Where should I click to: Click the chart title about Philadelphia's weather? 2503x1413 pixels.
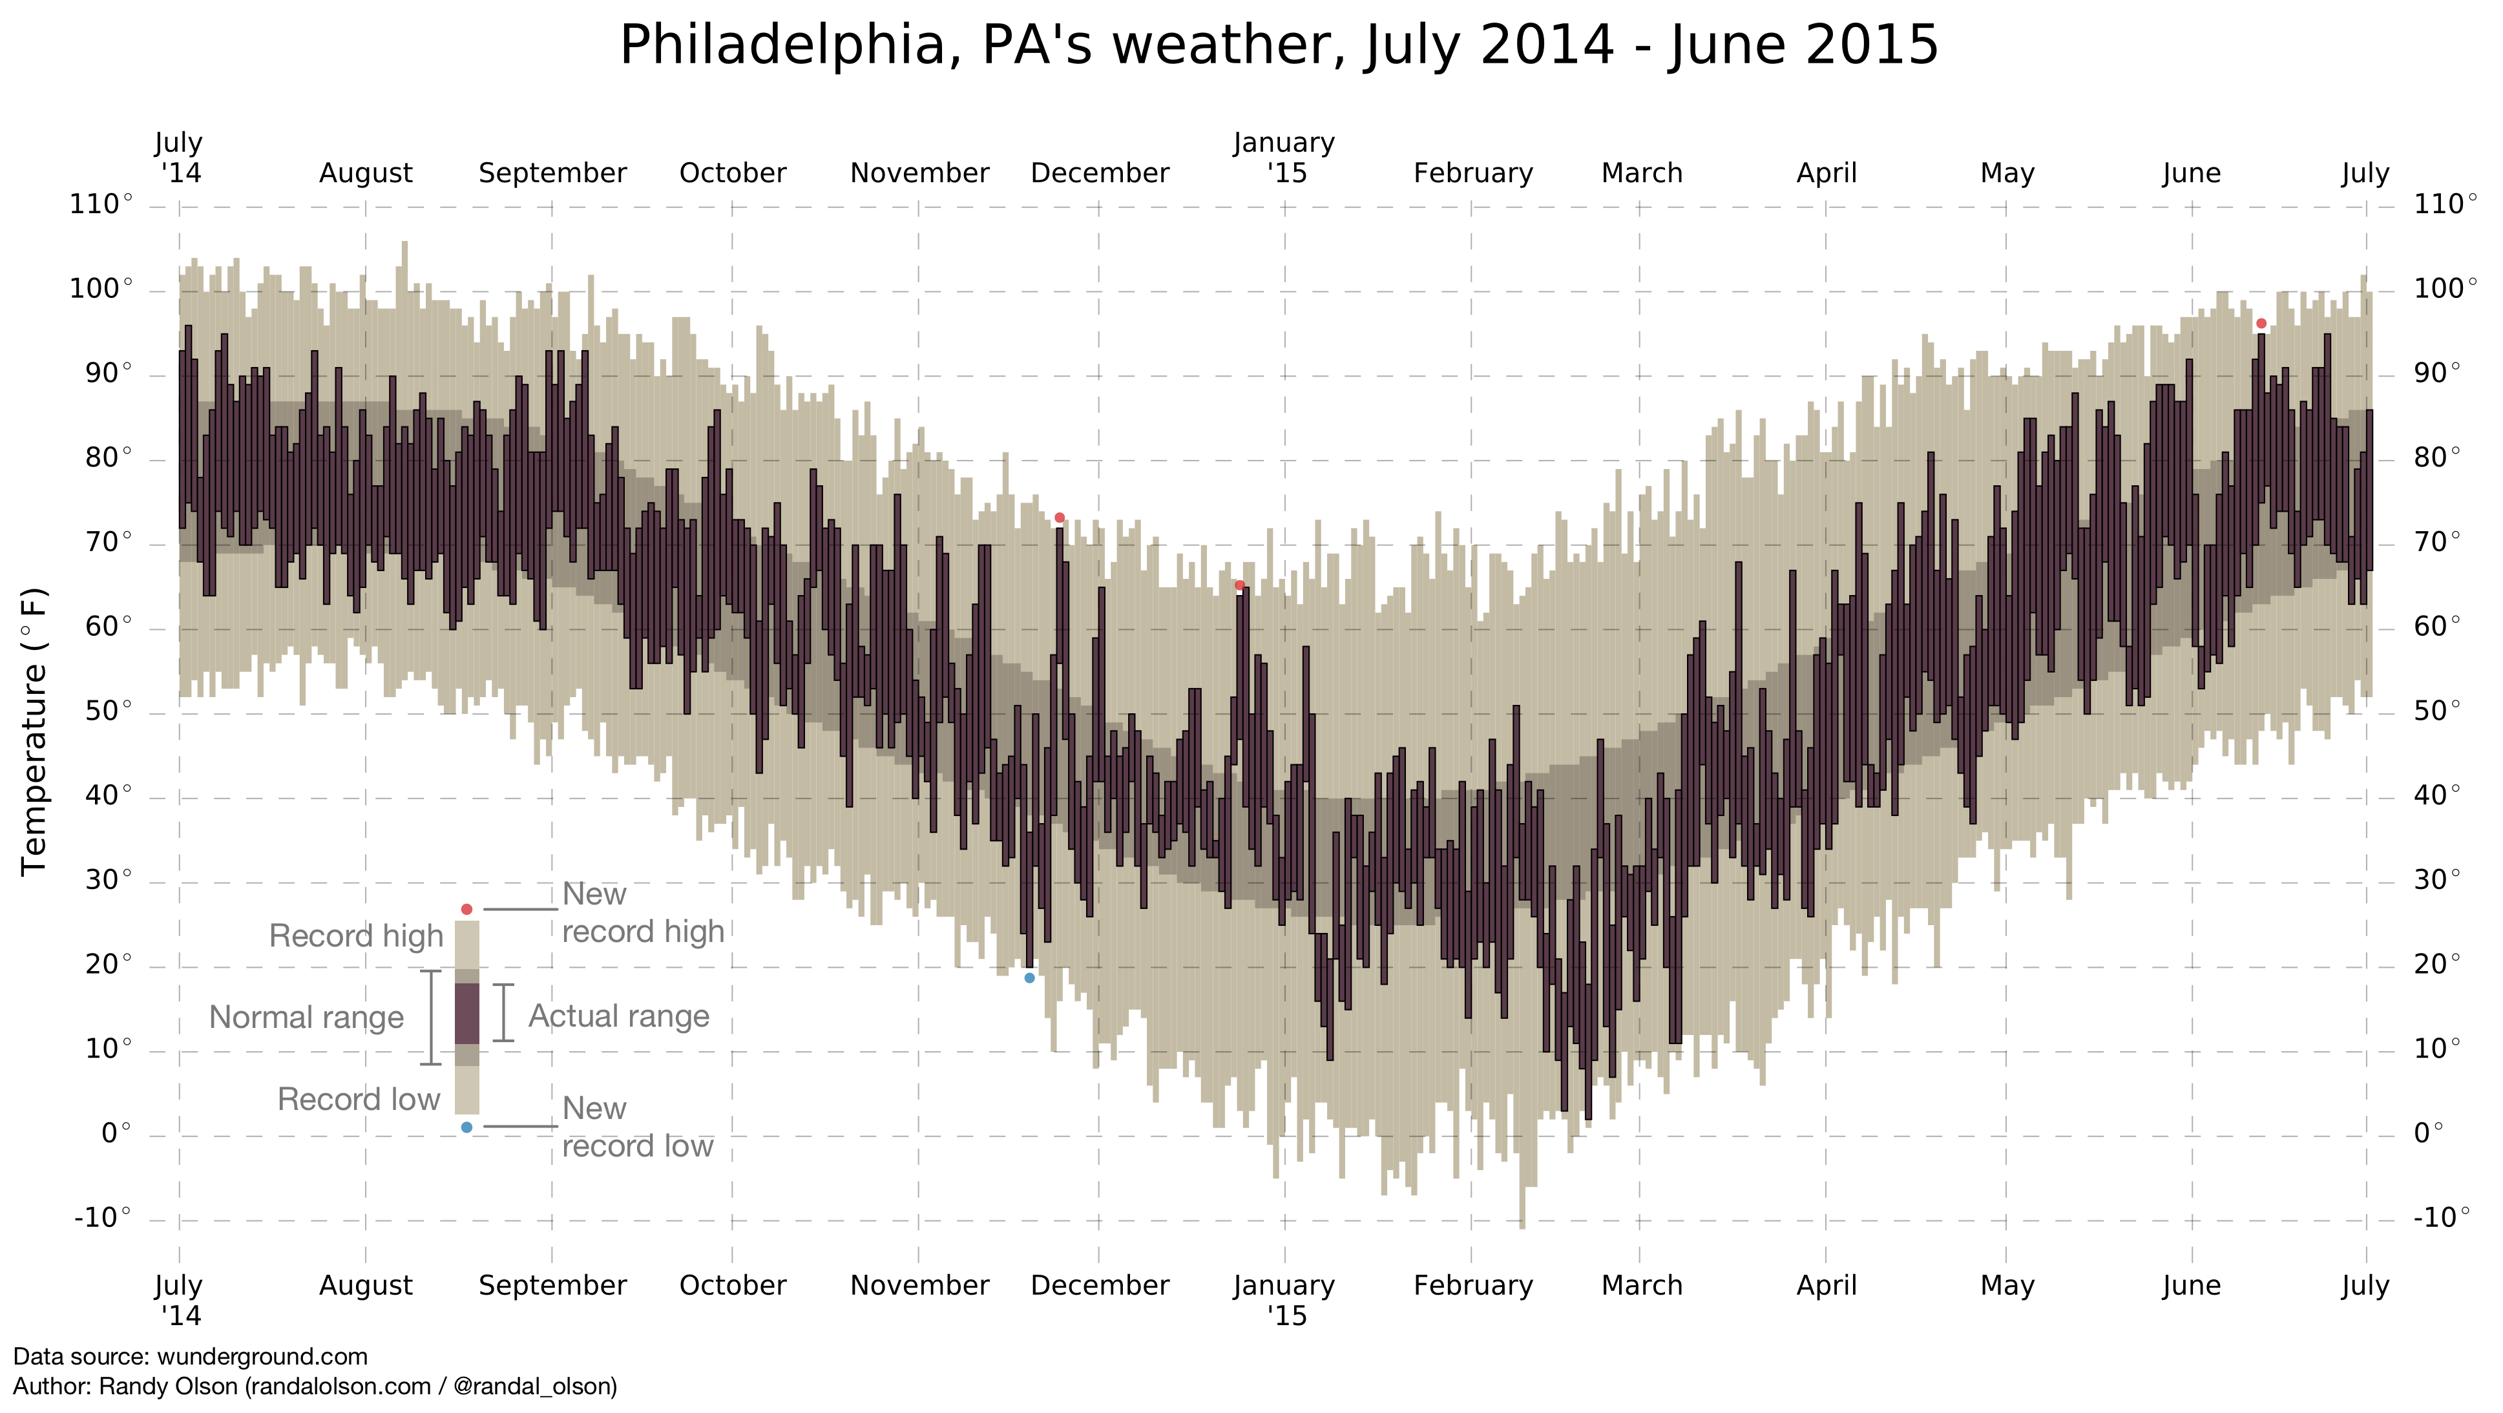pyautogui.click(x=1279, y=46)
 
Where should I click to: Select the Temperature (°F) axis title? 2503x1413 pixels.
pyautogui.click(x=34, y=731)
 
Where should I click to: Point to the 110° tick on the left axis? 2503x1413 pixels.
pyautogui.click(x=101, y=205)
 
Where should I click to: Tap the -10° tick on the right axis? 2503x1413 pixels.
pyautogui.click(x=2442, y=1218)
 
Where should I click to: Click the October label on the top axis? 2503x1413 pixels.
pyautogui.click(x=733, y=173)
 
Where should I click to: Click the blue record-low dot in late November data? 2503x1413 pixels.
pyautogui.click(x=1030, y=978)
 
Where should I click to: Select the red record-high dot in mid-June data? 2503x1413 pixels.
pyautogui.click(x=2261, y=324)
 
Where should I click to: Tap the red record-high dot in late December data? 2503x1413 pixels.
pyautogui.click(x=1240, y=585)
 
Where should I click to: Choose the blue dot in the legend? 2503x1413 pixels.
pyautogui.click(x=466, y=1127)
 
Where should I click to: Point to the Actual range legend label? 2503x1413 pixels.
pyautogui.click(x=619, y=1016)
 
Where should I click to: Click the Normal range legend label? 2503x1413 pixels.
pyautogui.click(x=306, y=1018)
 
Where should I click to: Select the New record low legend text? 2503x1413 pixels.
pyautogui.click(x=638, y=1127)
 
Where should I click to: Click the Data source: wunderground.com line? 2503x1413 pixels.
pyautogui.click(x=191, y=1357)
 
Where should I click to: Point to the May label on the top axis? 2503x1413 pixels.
pyautogui.click(x=2007, y=173)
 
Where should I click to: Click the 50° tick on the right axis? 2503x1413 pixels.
pyautogui.click(x=2437, y=711)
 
